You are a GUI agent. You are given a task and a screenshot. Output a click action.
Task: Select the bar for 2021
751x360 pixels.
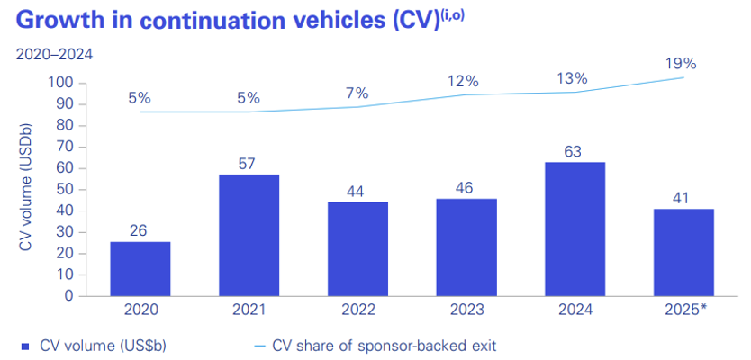249,235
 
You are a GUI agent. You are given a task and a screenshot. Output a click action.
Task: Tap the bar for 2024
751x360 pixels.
575,229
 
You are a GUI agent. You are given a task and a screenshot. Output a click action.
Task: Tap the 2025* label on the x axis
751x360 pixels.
685,311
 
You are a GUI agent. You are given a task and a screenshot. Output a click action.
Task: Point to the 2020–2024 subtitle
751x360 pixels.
54,55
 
